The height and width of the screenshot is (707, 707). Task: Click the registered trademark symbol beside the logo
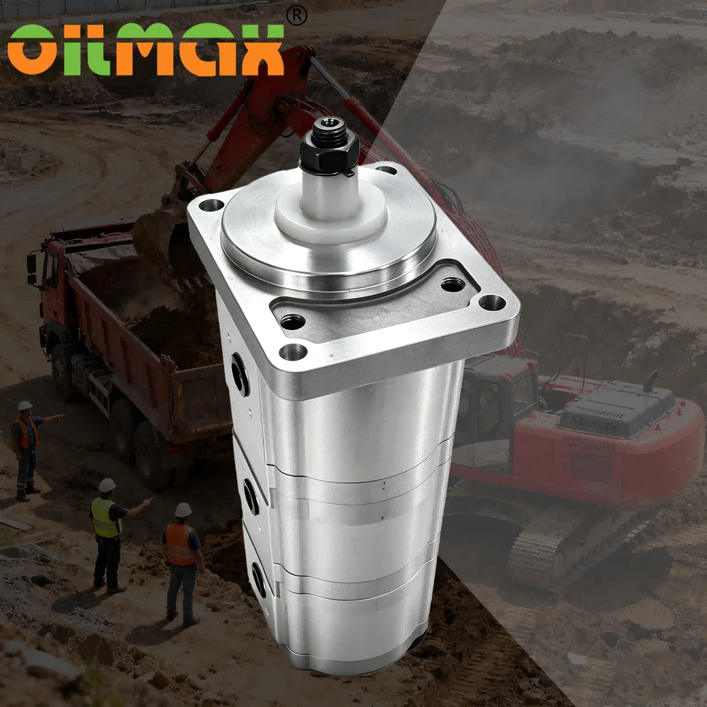tap(297, 16)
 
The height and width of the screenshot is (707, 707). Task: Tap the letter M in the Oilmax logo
tap(144, 49)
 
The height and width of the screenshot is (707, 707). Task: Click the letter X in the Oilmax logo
tap(262, 49)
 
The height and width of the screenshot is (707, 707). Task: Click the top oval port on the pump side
tap(240, 374)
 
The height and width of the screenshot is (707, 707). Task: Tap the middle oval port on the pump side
tap(252, 496)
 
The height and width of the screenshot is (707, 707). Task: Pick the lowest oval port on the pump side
tap(259, 580)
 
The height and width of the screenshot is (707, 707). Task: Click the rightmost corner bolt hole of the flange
tap(492, 302)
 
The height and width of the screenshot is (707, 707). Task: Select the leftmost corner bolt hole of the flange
tap(211, 205)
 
